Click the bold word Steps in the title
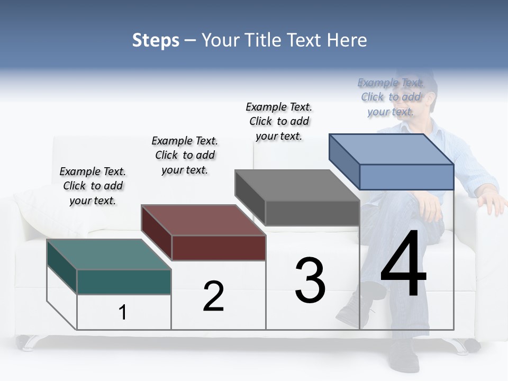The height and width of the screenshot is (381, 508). click(156, 40)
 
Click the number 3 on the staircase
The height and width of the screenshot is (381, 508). click(310, 280)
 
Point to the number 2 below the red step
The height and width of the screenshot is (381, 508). click(213, 296)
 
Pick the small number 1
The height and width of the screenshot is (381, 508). click(123, 313)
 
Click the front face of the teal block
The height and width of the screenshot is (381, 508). click(124, 282)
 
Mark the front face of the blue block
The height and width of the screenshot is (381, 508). click(406, 177)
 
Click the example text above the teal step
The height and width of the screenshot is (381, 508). click(93, 186)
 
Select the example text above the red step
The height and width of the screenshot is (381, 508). click(185, 155)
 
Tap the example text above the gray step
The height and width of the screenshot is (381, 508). click(279, 121)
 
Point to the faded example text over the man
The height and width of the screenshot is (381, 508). click(391, 97)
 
